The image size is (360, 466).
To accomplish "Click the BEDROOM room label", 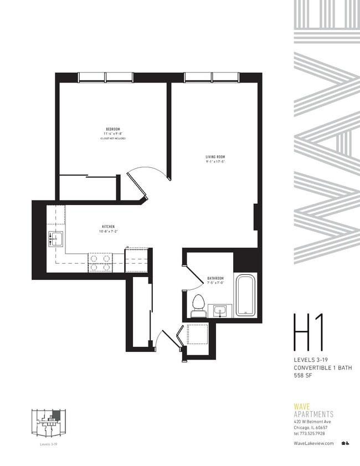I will [112, 129].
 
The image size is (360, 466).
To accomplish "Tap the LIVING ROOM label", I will [214, 157].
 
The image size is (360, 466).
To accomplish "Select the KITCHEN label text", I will [108, 227].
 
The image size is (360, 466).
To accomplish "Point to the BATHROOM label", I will [215, 278].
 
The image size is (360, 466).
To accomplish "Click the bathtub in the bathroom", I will [245, 295].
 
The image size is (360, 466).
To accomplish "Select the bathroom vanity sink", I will [220, 311].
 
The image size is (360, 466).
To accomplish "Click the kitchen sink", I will [57, 239].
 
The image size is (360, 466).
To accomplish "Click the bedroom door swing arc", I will [150, 175].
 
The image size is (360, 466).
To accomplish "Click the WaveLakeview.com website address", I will [313, 443].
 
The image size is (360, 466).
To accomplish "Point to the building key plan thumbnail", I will [49, 422].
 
